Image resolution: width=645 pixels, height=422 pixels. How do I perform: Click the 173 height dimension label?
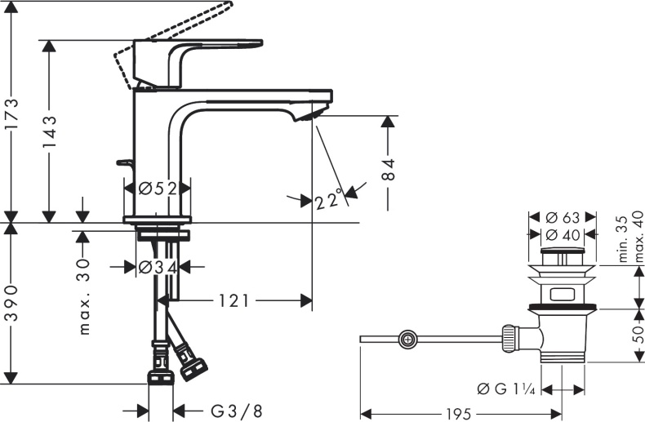click(11, 114)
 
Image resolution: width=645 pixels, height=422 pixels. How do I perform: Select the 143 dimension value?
click(48, 133)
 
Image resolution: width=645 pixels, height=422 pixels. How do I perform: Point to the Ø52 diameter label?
click(158, 189)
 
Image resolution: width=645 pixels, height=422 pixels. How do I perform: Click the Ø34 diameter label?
click(158, 268)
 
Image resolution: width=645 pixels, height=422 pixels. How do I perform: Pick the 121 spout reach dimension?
click(234, 301)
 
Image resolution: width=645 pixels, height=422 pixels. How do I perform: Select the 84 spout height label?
click(388, 169)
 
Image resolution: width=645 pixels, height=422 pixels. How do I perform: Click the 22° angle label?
click(329, 199)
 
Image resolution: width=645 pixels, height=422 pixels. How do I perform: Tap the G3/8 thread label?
click(236, 411)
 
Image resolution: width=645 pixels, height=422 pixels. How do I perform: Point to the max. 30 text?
click(84, 296)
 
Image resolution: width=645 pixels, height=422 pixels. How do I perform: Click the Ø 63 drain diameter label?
click(563, 217)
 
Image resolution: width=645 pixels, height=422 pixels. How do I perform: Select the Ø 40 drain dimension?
click(563, 235)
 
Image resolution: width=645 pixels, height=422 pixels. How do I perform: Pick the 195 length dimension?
click(459, 414)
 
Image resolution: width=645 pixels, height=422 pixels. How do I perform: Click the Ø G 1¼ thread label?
click(506, 389)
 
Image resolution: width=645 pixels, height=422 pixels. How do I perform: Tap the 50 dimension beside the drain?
click(637, 335)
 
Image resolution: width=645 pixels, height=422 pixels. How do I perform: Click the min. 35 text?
click(624, 238)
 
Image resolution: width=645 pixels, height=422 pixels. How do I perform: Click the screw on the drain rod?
click(407, 340)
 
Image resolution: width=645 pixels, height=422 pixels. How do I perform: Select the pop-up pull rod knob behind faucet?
click(123, 163)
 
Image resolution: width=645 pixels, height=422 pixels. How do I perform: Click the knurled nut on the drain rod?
click(509, 339)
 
